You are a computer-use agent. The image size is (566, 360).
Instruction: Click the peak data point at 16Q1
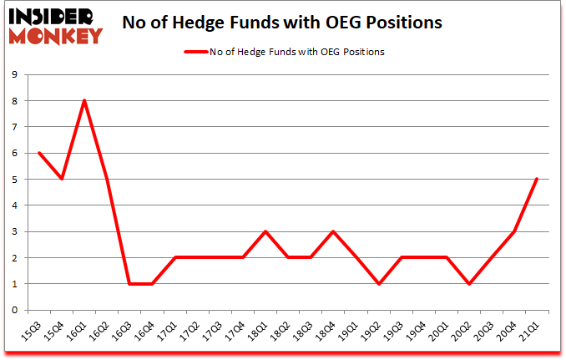[x=84, y=101]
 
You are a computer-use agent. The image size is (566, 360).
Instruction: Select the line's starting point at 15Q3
[x=39, y=153]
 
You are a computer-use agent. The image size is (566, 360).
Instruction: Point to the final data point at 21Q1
[x=536, y=179]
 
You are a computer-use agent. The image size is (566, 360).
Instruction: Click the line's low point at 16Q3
[x=129, y=284]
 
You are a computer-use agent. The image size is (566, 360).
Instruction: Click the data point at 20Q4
[x=513, y=231]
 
